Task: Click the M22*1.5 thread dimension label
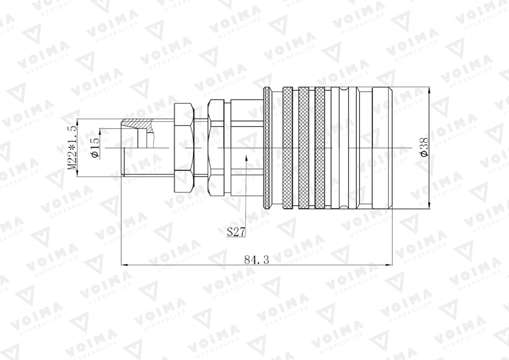click(72, 147)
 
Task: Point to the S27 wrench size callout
click(236, 232)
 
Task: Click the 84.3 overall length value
click(257, 260)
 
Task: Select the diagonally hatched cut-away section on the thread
click(137, 123)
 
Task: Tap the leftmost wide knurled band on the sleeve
click(287, 148)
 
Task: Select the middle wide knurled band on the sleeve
click(304, 148)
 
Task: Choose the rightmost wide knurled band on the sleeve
click(320, 148)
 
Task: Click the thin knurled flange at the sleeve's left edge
click(267, 148)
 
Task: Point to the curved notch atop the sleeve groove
click(345, 89)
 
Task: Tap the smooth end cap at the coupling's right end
click(382, 148)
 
